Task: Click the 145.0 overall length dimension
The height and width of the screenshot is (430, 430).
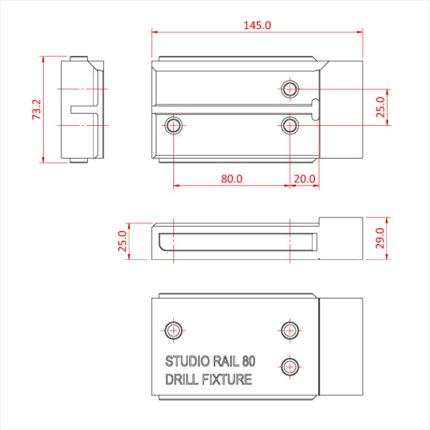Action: click(257, 25)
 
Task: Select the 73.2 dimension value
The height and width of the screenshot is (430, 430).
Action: click(36, 109)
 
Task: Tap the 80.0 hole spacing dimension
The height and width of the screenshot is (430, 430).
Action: click(232, 179)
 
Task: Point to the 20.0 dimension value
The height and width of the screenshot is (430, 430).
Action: click(304, 179)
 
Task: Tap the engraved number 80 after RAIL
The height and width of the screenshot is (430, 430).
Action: click(249, 361)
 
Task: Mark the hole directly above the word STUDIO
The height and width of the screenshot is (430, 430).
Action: click(174, 330)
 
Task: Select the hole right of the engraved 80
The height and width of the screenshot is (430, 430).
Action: click(289, 365)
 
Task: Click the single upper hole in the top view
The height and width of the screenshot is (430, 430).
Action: click(289, 88)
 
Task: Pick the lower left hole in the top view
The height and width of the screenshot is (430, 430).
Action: click(174, 125)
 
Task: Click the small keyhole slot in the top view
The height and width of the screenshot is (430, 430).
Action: click(316, 107)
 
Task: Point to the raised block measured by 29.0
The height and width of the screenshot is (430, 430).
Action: click(342, 238)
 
